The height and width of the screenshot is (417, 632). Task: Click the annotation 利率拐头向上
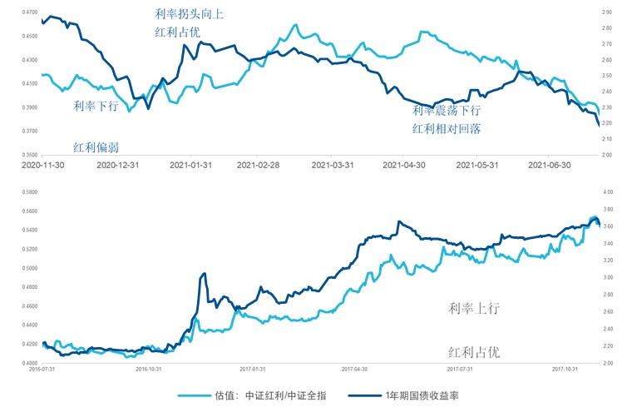190,14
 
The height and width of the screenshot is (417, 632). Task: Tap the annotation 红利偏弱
95,147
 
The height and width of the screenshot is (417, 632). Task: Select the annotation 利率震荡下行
447,111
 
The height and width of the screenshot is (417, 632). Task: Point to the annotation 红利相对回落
447,128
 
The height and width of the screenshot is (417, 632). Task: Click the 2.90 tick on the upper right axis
605,12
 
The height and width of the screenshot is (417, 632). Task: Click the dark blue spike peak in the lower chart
204,274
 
